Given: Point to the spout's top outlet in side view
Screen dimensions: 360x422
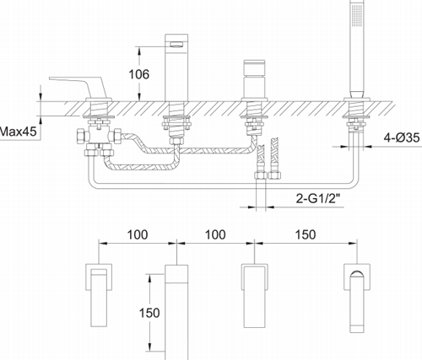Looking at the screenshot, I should click(176, 42).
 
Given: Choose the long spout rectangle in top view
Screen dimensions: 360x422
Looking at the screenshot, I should click(177, 308).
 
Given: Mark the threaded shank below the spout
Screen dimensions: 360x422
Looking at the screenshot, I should click(176, 126).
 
